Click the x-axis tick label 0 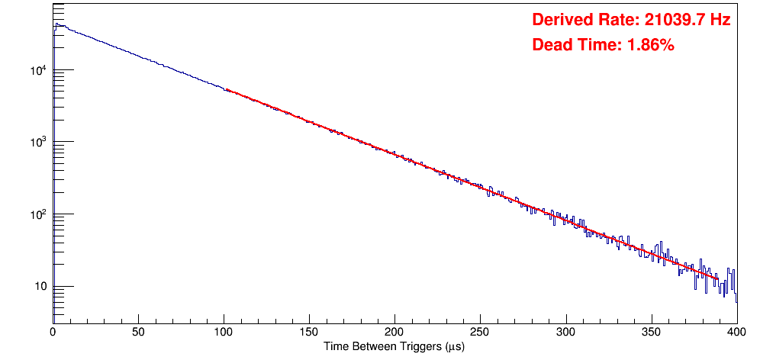[53, 333]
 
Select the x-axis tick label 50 [138, 333]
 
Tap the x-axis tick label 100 [224, 333]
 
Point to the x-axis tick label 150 [309, 333]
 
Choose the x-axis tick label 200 [394, 333]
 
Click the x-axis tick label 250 [480, 333]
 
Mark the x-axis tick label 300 [565, 333]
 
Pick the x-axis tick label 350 [651, 333]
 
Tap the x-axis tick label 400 [736, 333]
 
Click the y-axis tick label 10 [40, 287]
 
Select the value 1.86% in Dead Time [650, 46]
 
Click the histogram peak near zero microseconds [56, 24]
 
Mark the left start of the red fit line [227, 89]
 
